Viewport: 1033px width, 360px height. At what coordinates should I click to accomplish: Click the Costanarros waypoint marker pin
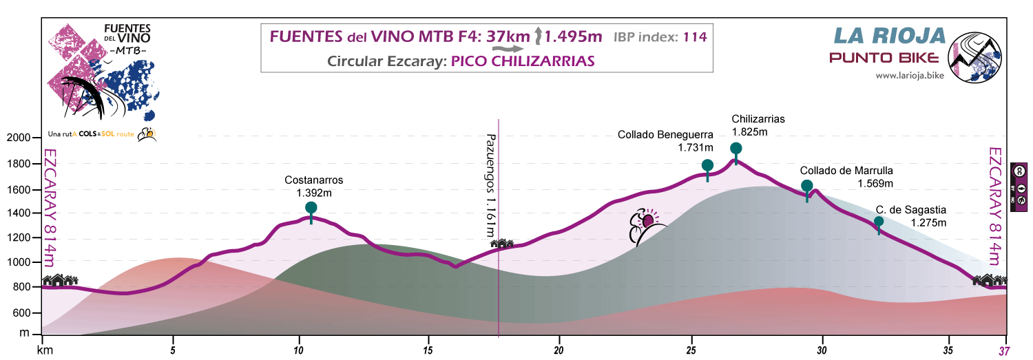pos(311,208)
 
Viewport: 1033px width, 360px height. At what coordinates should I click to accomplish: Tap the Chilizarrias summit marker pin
pos(735,149)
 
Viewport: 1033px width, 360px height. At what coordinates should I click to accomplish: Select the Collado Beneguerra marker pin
pos(707,165)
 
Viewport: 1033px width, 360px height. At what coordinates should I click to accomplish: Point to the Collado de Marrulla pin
pos(807,186)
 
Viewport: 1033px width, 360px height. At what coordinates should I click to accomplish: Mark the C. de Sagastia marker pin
pos(879,222)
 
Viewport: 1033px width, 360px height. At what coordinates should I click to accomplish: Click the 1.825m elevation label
pos(749,131)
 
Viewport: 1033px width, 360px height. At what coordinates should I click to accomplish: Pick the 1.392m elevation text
pos(313,193)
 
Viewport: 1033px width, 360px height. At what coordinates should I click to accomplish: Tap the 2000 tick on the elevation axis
pos(19,138)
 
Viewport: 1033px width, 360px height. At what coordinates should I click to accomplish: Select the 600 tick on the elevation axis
pos(22,313)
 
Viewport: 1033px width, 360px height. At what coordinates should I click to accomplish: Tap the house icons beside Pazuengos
pos(502,243)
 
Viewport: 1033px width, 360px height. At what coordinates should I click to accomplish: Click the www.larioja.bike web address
pos(909,76)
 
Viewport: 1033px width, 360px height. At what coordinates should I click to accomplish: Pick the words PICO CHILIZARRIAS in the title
pos(523,61)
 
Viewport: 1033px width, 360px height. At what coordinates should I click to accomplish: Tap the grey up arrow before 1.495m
pos(540,36)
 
